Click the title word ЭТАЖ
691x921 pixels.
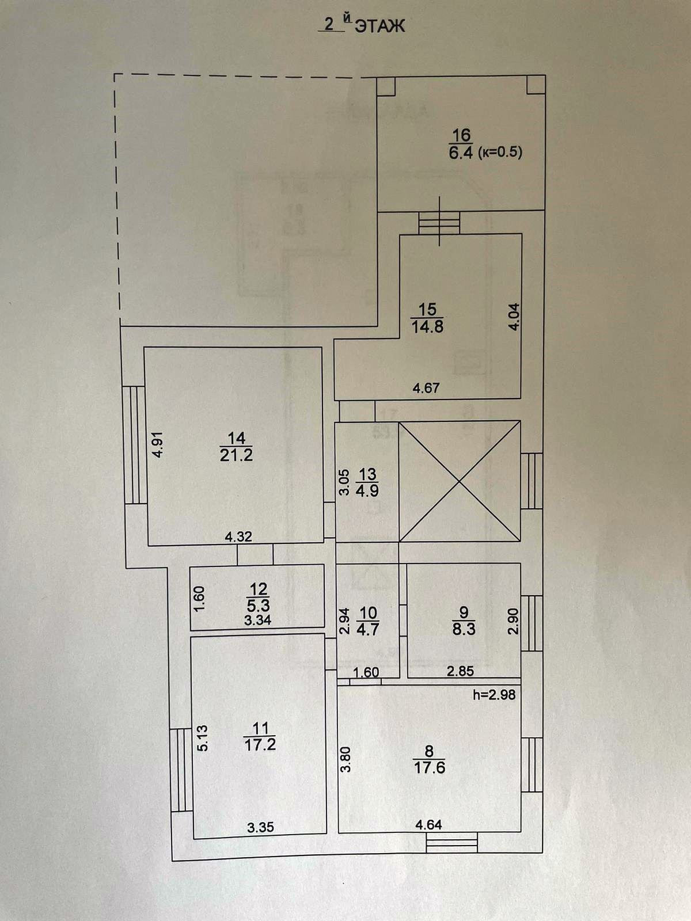point(379,26)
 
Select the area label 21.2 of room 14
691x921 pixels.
point(236,455)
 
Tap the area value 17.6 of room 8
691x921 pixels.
point(429,767)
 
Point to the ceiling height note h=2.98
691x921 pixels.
point(494,695)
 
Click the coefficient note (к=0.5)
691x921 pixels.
point(499,153)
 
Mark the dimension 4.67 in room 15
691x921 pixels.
point(426,388)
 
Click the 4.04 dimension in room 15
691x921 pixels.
point(514,316)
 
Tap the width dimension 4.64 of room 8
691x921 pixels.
point(428,825)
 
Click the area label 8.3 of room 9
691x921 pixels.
point(464,629)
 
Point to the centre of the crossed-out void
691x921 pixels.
point(459,481)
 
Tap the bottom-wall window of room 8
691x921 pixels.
point(452,843)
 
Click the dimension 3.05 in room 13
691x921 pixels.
point(344,482)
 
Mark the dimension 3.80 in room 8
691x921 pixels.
point(345,760)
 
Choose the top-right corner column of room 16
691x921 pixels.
point(536,85)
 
